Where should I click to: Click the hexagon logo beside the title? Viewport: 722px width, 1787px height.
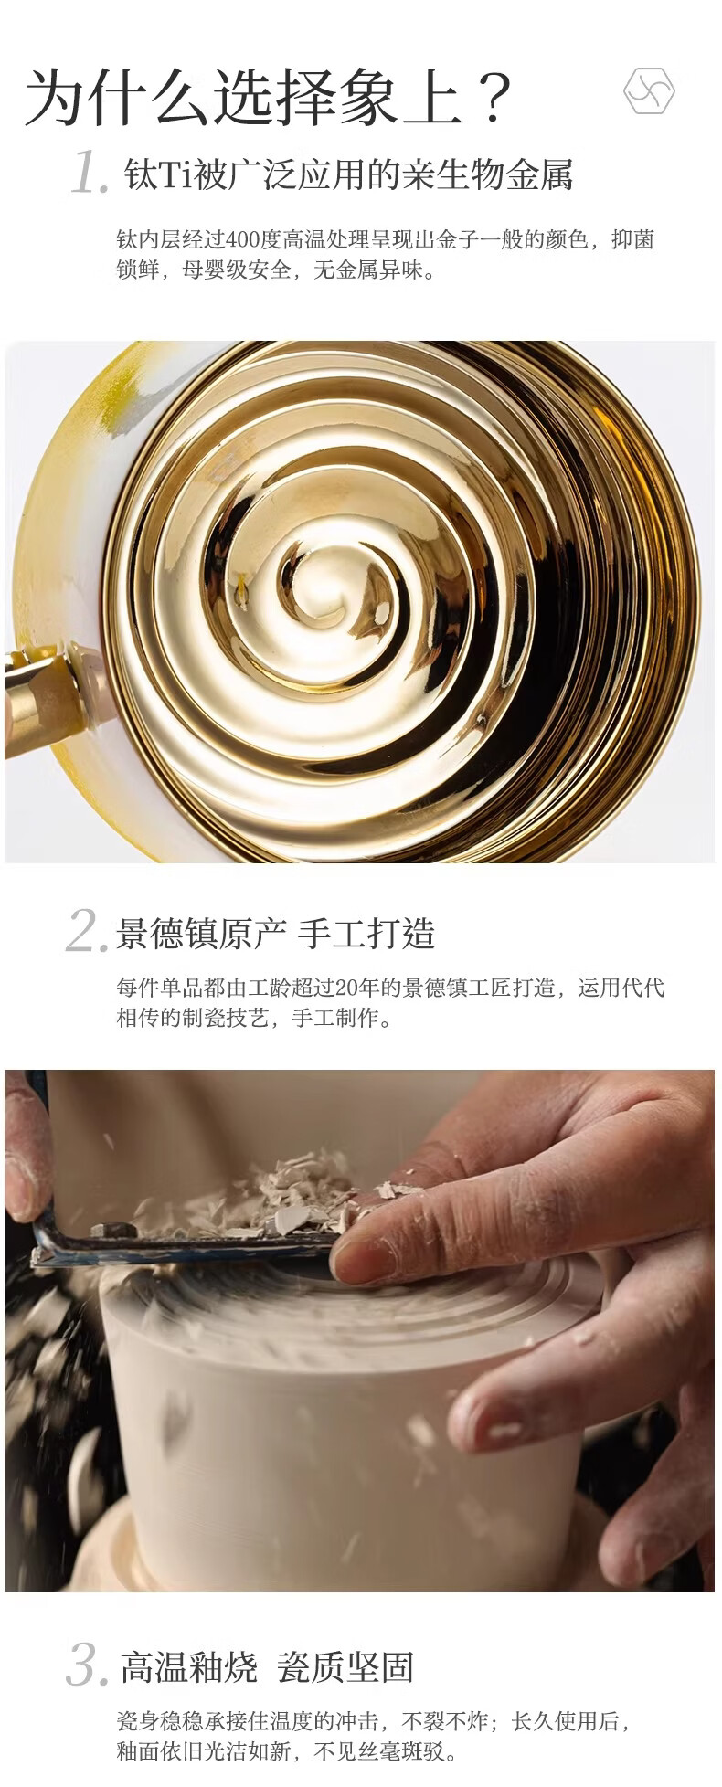coord(649,91)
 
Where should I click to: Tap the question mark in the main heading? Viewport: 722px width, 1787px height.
coord(494,97)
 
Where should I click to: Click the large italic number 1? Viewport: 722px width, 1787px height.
coord(90,173)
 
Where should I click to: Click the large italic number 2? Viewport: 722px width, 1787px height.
coord(88,931)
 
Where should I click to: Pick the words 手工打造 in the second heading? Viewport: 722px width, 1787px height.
coord(366,934)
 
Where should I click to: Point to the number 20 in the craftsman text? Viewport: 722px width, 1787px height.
coord(345,988)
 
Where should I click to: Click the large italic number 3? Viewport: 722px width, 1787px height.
coord(88,1665)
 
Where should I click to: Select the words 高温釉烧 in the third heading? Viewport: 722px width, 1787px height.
coord(189,1668)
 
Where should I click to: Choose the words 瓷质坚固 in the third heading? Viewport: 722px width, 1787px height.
coord(346,1668)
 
